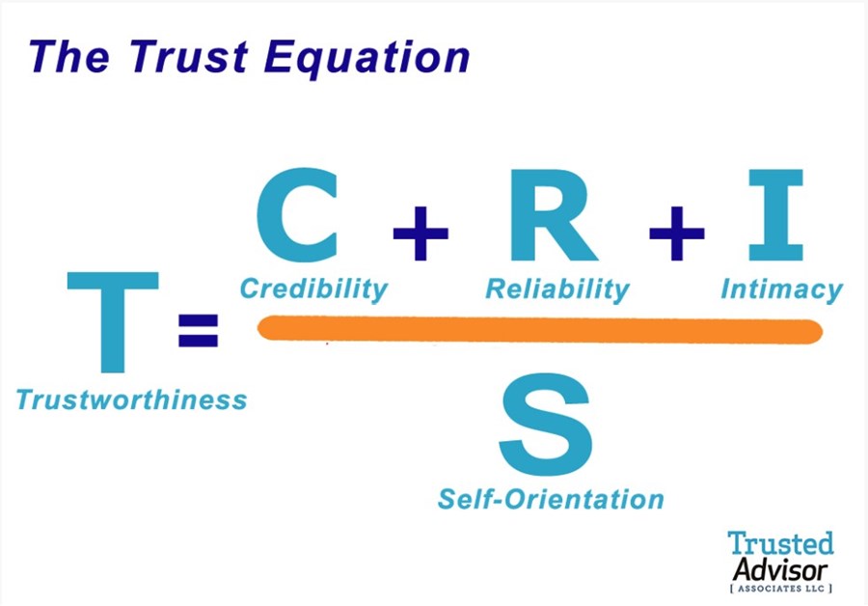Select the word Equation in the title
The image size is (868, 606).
click(370, 57)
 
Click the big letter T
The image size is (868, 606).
click(111, 323)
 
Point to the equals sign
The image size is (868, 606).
click(199, 330)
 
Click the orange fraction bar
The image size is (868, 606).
click(540, 330)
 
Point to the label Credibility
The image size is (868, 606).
click(313, 288)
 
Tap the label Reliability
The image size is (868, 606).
click(556, 289)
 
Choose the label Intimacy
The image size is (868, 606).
click(781, 289)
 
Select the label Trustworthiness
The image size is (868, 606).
click(131, 399)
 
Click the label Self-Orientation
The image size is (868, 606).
click(551, 499)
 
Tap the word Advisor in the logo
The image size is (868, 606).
click(780, 566)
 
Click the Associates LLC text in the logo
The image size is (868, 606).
click(781, 587)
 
